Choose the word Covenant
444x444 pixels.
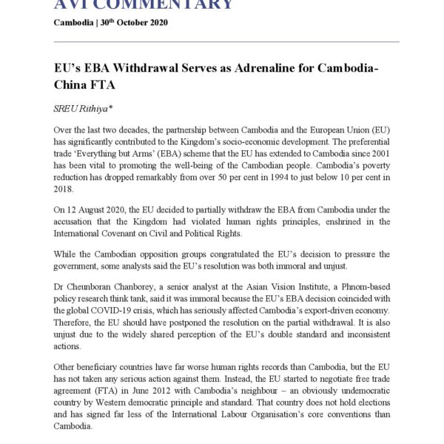pyautogui.click(x=127, y=235)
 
